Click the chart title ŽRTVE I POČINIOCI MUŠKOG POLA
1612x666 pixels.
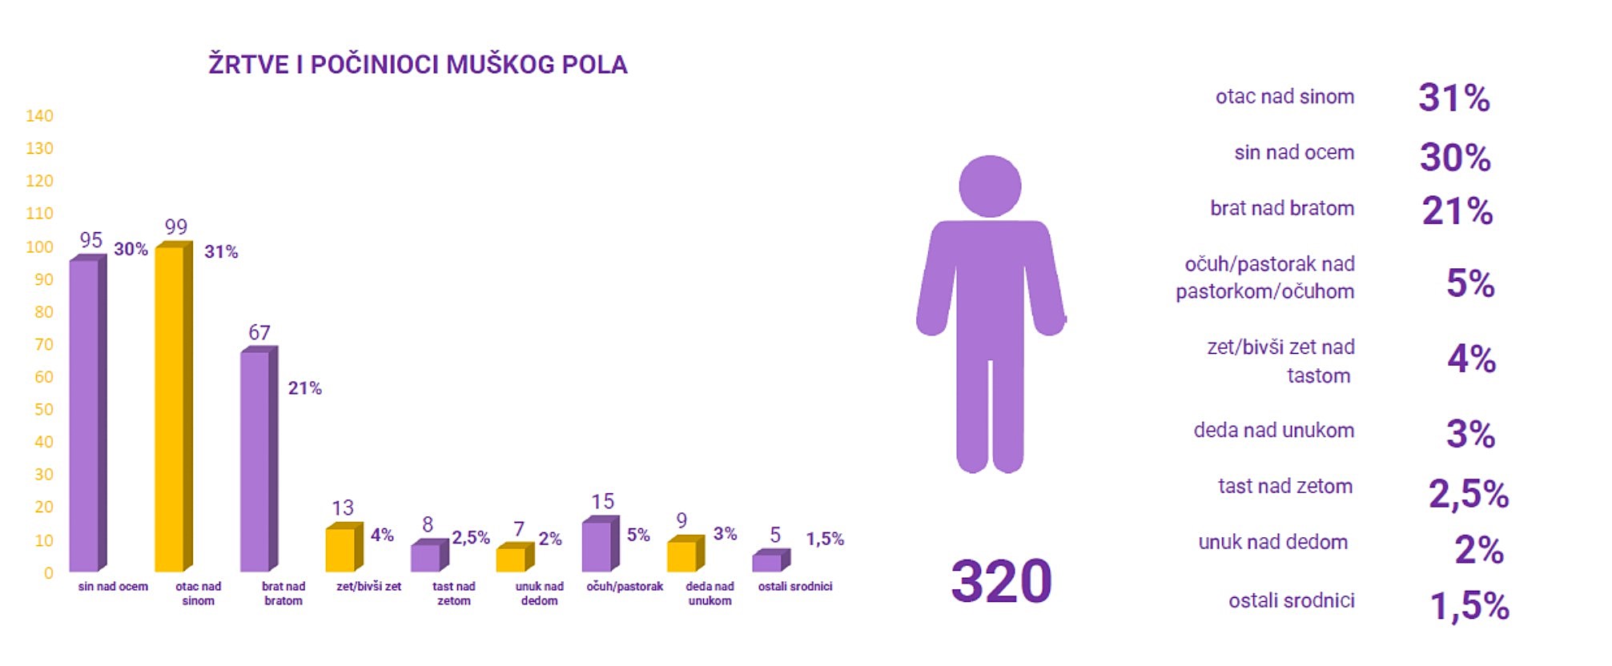[x=417, y=65]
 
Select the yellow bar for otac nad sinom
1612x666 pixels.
[x=170, y=408]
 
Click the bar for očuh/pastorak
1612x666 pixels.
[x=597, y=547]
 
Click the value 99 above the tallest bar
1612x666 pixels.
[x=175, y=227]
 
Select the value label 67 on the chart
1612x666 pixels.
[x=259, y=332]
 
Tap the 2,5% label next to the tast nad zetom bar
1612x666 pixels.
[x=471, y=538]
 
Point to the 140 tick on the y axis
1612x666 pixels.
[x=39, y=116]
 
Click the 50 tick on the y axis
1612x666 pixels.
[x=44, y=410]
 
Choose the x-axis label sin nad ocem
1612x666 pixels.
[x=113, y=587]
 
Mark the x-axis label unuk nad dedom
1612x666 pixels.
[x=539, y=593]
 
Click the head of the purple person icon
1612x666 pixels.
[x=990, y=187]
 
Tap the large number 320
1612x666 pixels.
[x=1001, y=582]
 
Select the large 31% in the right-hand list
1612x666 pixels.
[x=1454, y=98]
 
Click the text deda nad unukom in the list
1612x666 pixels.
[x=1273, y=431]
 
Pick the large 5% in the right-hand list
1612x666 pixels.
[x=1470, y=283]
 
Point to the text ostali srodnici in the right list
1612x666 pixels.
[x=1291, y=601]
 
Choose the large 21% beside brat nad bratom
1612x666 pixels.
[x=1457, y=212]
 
